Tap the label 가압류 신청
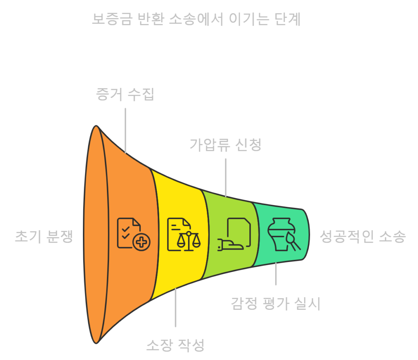click(x=225, y=145)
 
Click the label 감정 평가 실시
click(x=276, y=304)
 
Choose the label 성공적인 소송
click(x=363, y=237)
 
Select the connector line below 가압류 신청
click(x=225, y=177)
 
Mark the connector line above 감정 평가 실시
click(x=276, y=274)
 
